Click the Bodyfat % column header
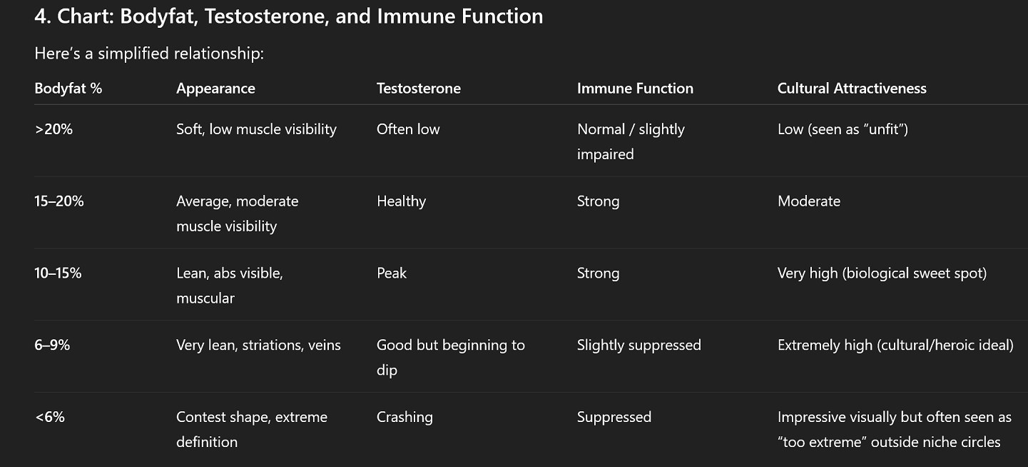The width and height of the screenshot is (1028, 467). (x=68, y=88)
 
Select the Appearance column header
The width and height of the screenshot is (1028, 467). (x=215, y=89)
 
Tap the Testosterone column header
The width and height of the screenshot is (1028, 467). (x=419, y=88)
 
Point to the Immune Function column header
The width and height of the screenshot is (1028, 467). (x=635, y=88)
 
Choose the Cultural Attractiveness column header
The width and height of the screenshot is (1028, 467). (x=852, y=88)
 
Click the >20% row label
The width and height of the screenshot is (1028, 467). (x=54, y=129)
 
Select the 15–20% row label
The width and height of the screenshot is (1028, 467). (x=59, y=201)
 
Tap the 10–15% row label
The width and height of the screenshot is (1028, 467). (x=58, y=273)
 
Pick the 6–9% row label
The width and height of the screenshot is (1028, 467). (x=52, y=345)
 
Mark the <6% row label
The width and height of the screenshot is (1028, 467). (x=49, y=417)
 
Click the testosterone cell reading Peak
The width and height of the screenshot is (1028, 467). (x=392, y=273)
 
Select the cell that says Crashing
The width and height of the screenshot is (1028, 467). (x=404, y=418)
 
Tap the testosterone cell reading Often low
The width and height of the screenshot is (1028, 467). (x=408, y=129)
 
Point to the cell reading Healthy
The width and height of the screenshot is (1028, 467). (x=402, y=201)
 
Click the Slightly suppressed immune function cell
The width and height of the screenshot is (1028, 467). (x=638, y=346)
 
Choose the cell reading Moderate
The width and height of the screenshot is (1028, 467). (x=809, y=201)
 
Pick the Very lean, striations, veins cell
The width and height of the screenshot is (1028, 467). (x=258, y=346)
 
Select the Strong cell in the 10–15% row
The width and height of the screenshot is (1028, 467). (x=598, y=273)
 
